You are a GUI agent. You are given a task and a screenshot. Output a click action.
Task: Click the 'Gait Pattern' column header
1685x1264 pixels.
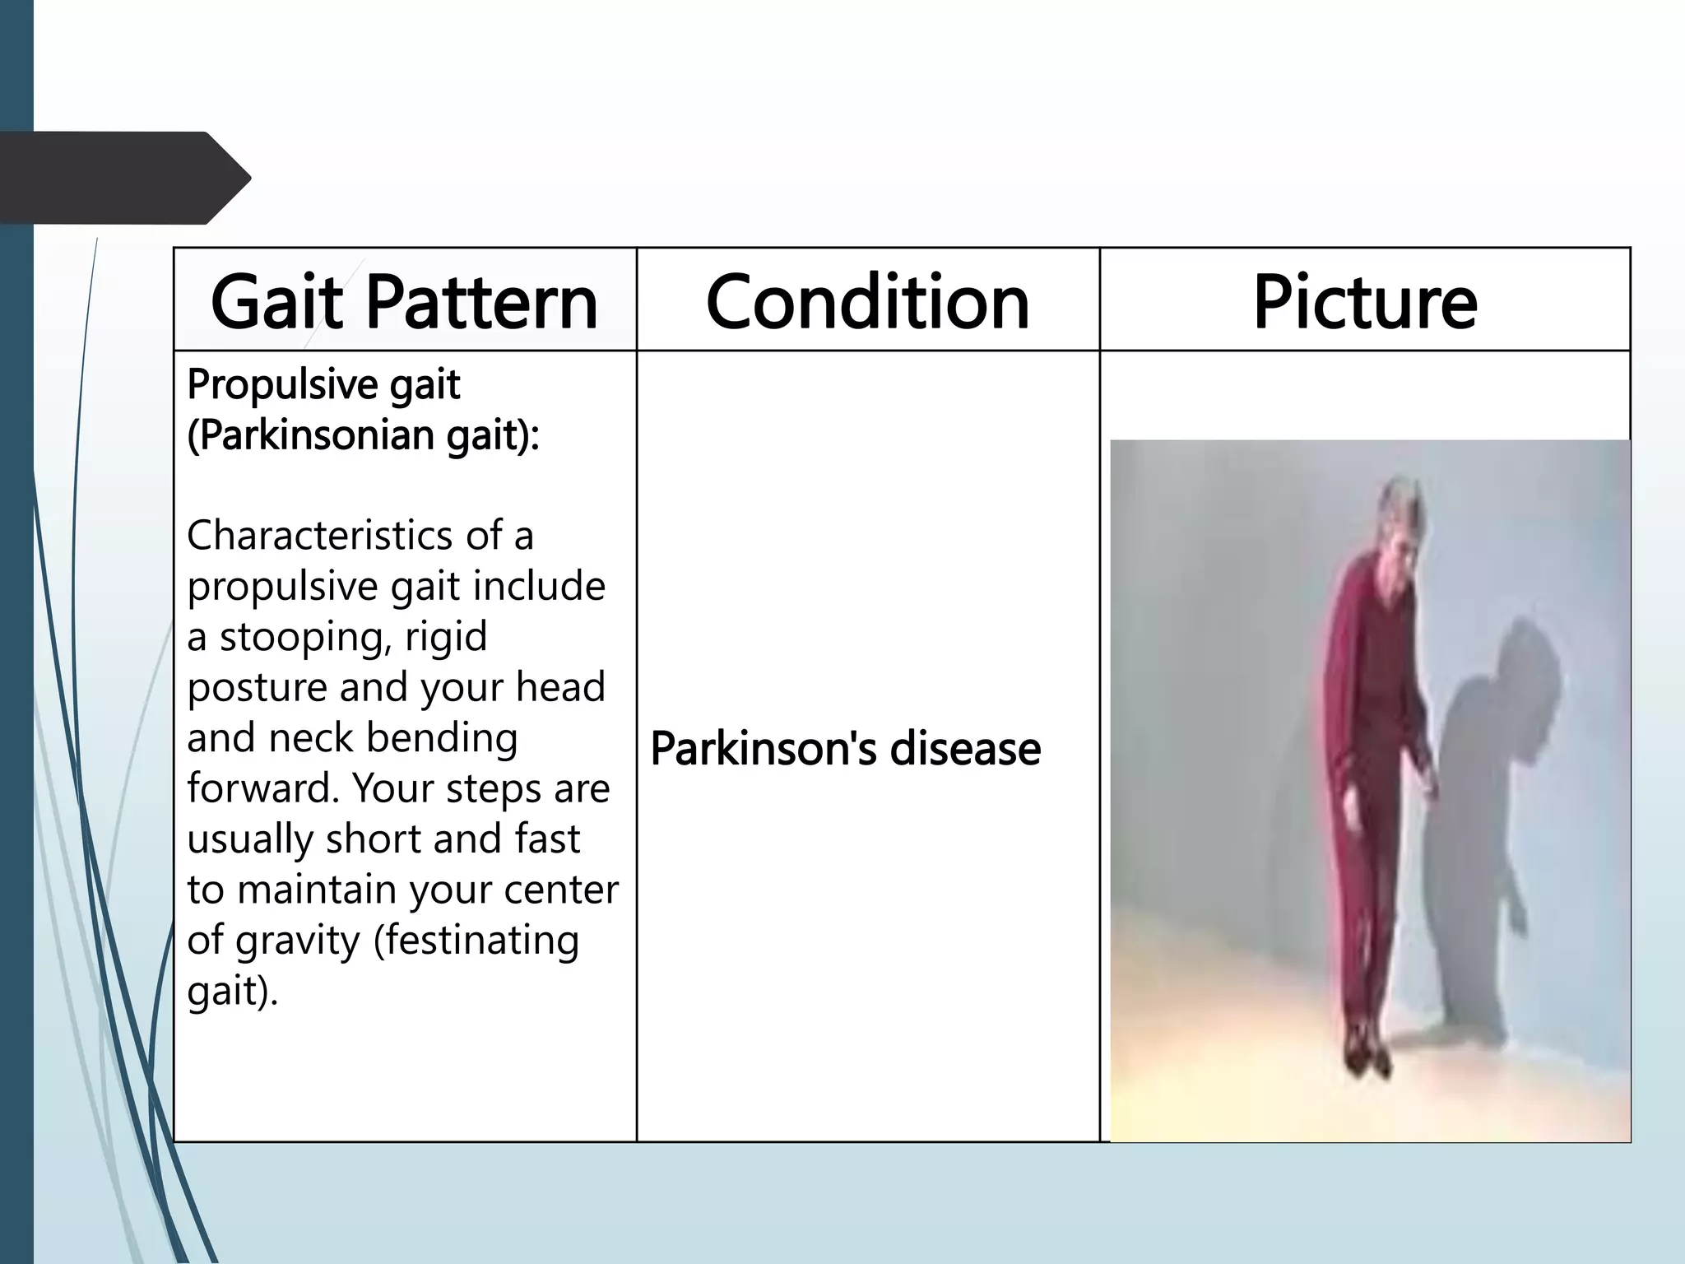404,302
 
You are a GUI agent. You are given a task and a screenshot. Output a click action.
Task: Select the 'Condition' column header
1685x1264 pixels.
867,302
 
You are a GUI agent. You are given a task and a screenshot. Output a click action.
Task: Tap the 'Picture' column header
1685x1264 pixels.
1365,302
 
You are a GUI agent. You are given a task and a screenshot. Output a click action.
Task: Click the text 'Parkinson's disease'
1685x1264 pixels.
845,749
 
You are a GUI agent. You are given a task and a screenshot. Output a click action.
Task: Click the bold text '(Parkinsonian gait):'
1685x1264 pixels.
363,435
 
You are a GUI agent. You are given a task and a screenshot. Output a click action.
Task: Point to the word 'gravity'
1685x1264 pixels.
298,940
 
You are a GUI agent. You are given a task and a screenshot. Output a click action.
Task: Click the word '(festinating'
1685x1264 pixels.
476,940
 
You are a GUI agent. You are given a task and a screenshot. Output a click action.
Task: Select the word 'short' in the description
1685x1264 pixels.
373,839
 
